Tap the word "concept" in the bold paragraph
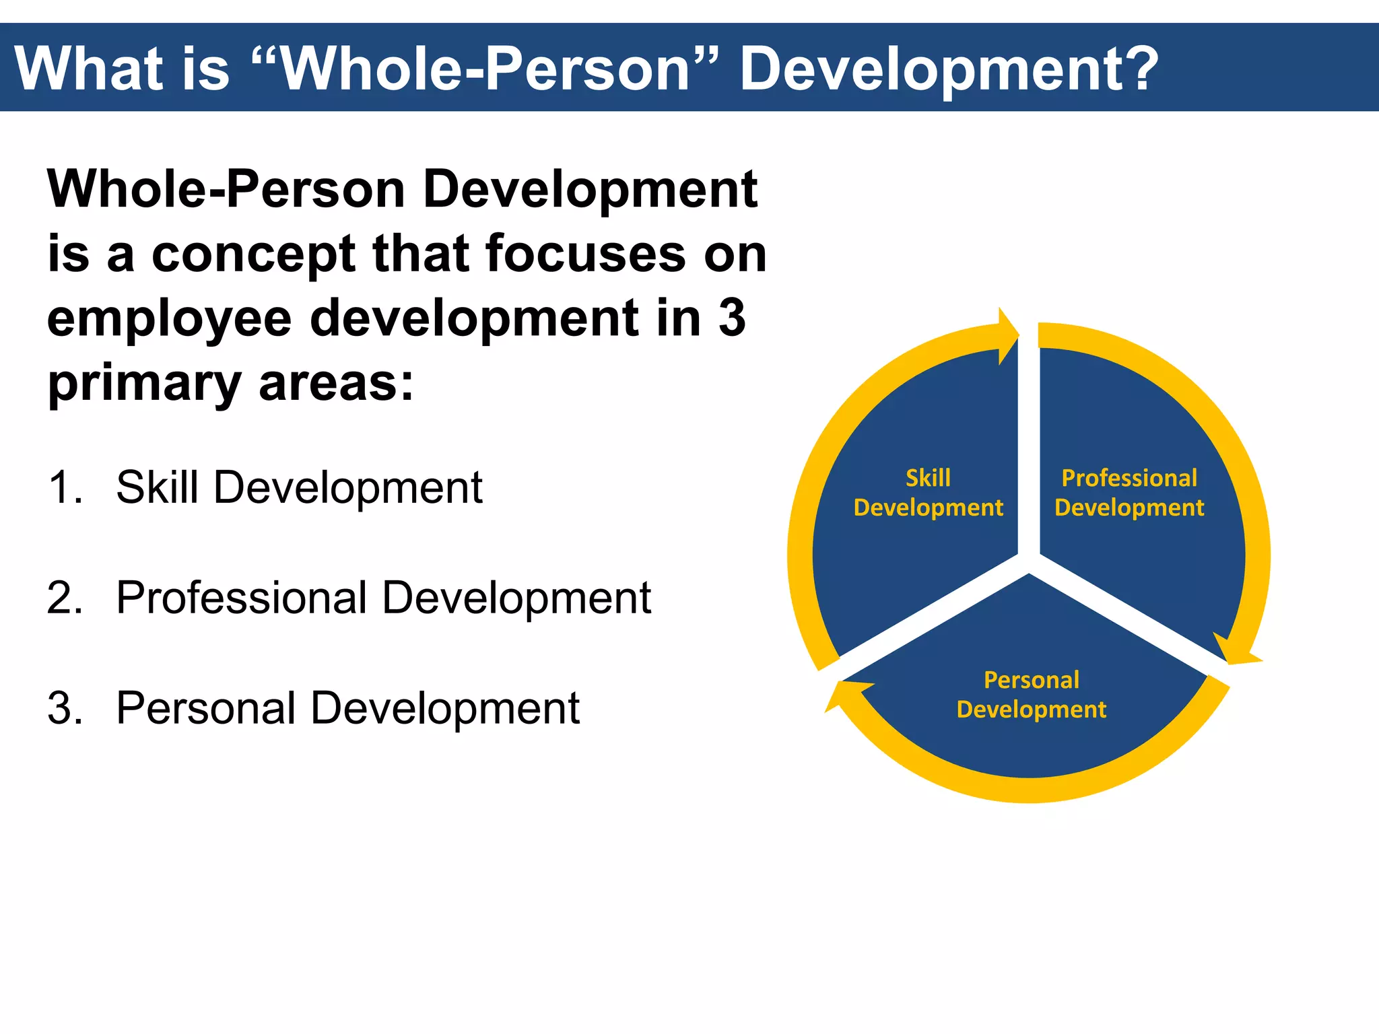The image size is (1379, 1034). pyautogui.click(x=253, y=255)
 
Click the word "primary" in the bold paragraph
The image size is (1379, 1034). pyautogui.click(x=144, y=384)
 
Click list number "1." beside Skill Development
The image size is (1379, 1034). pyautogui.click(x=65, y=487)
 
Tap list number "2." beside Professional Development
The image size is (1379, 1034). pyautogui.click(x=65, y=598)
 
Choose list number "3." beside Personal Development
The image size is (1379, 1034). pyautogui.click(x=65, y=708)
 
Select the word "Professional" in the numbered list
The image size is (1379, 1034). pyautogui.click(x=241, y=598)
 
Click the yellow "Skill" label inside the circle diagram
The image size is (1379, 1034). pyautogui.click(x=928, y=478)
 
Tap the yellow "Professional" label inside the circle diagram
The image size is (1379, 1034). pyautogui.click(x=1129, y=478)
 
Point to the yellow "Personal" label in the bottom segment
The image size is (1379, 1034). pyautogui.click(x=1031, y=680)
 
